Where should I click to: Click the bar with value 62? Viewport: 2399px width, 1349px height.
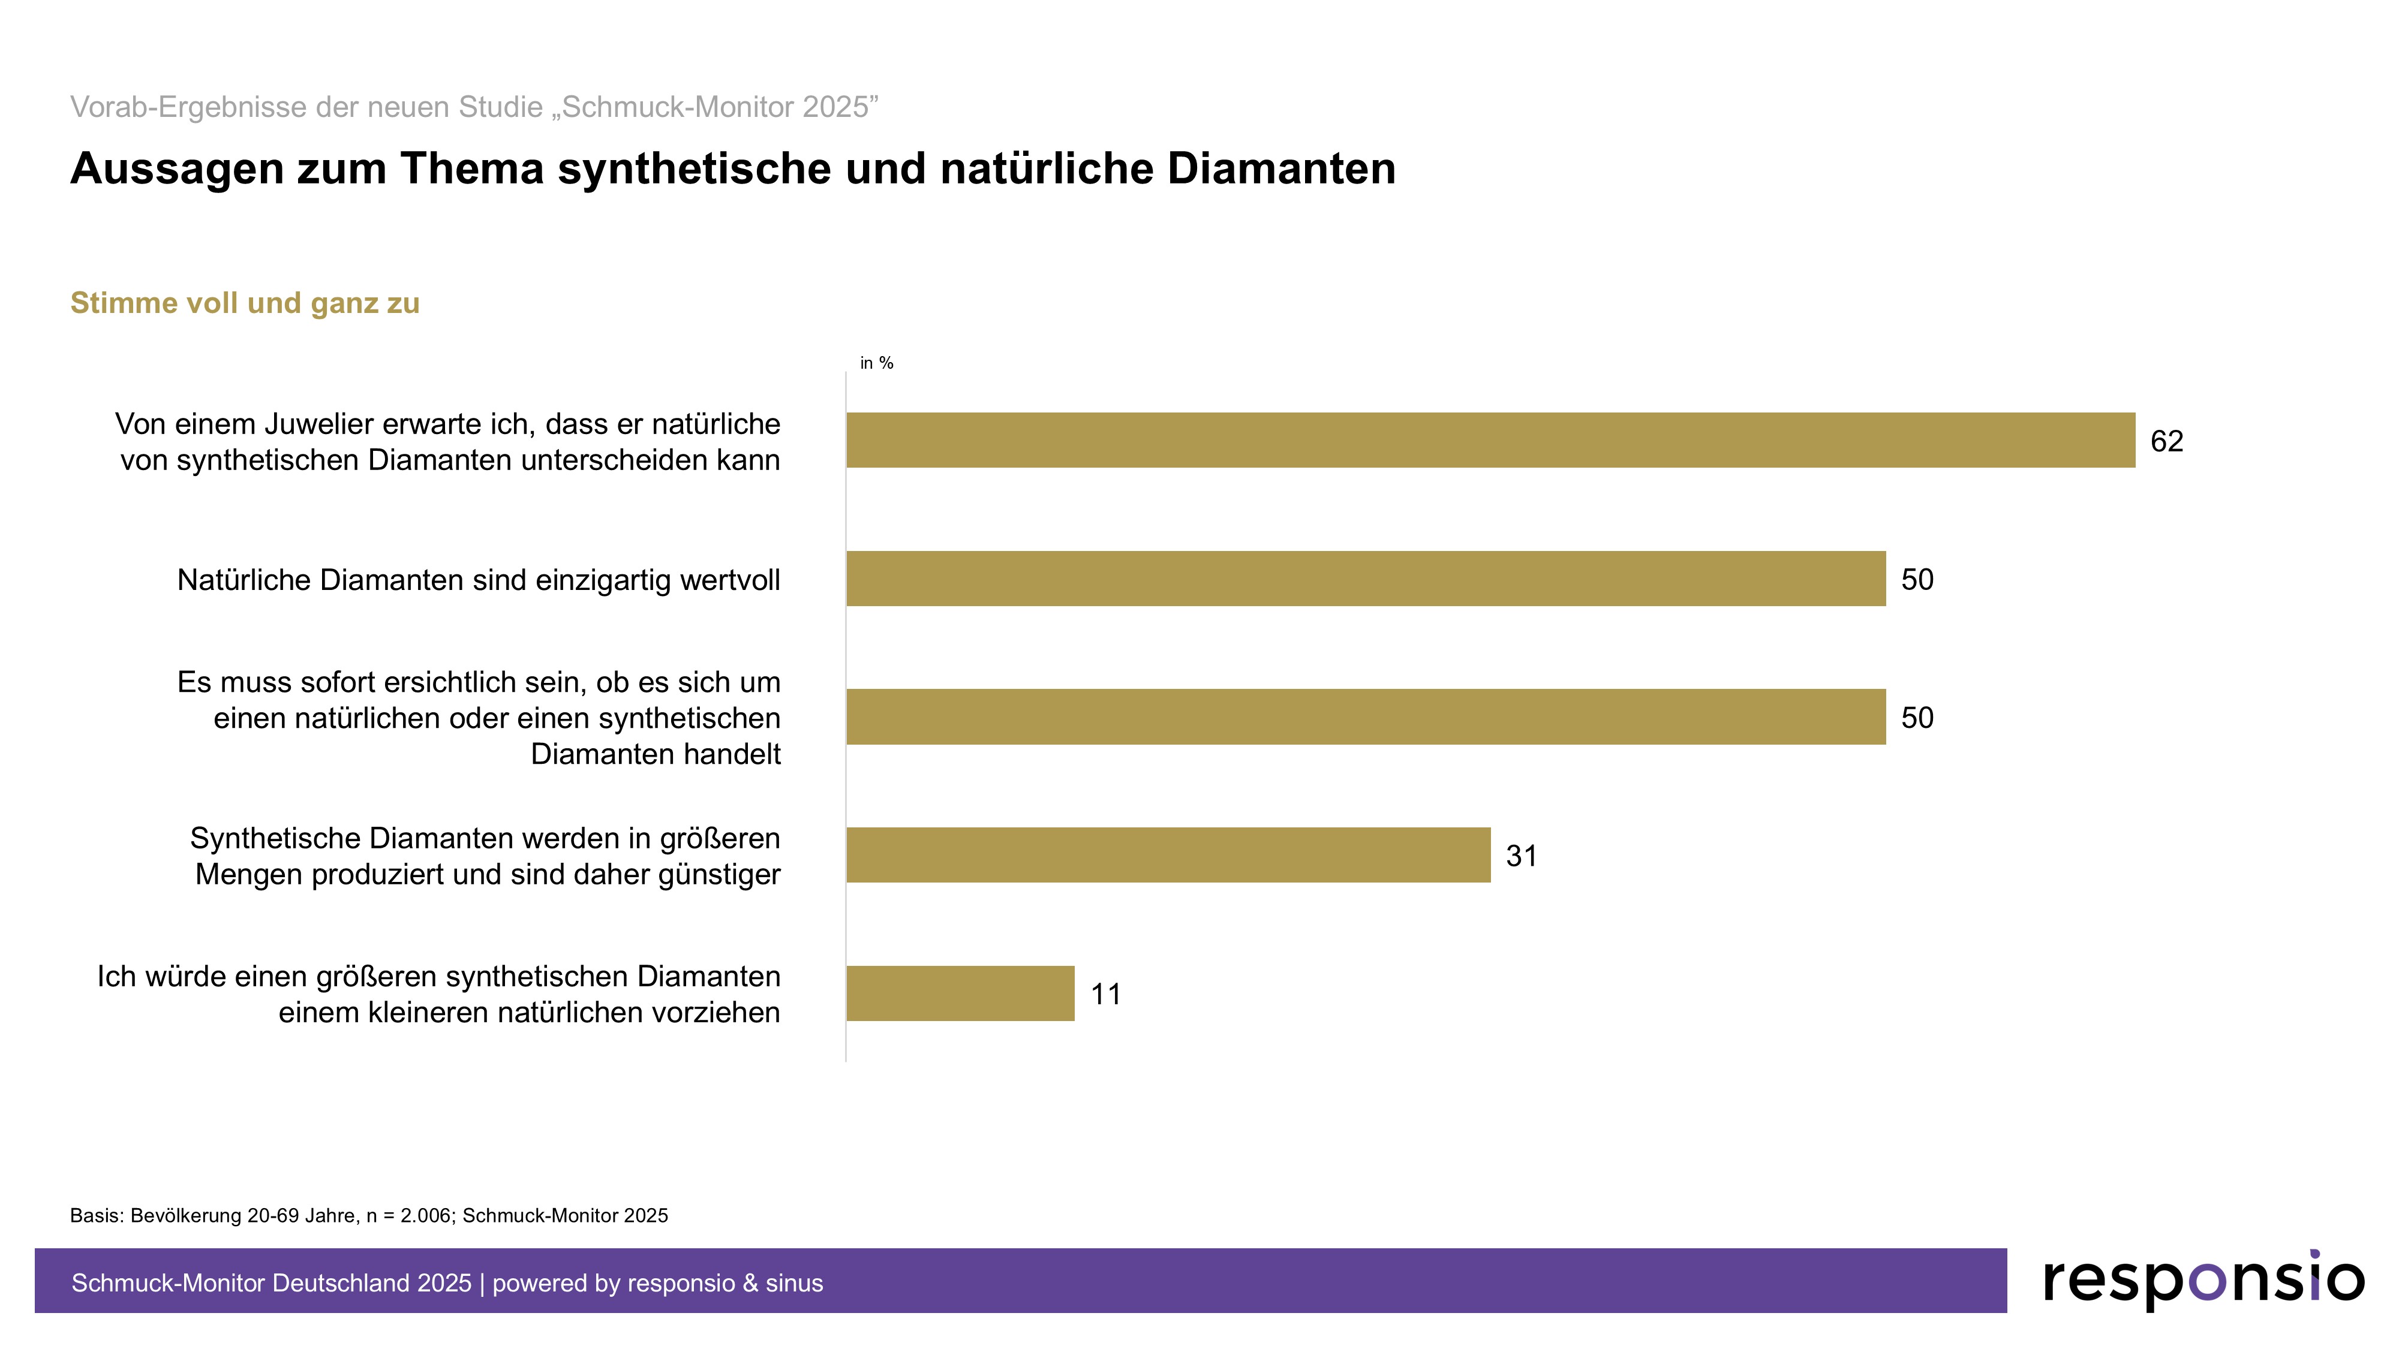[x=1490, y=440]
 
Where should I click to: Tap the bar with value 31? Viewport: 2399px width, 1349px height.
[x=1168, y=854]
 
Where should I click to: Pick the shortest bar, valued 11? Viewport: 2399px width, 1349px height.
[x=960, y=993]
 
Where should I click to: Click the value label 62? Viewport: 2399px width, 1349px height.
[x=2166, y=441]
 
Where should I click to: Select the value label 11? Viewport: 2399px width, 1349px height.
[x=1105, y=994]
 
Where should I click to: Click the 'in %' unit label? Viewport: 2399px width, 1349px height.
[x=876, y=363]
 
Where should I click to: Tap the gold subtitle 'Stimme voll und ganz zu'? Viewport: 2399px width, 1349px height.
[x=245, y=303]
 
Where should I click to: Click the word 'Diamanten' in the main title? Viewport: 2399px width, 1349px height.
[x=1280, y=170]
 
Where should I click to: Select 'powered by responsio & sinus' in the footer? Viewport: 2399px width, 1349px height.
[x=657, y=1283]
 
